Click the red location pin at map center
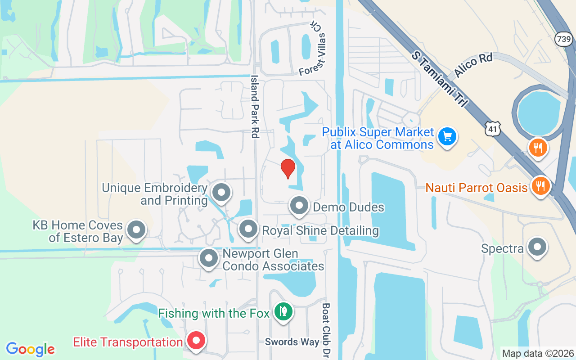pos(288,168)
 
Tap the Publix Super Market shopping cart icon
pos(447,136)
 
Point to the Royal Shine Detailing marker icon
pos(248,229)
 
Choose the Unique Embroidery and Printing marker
pos(221,192)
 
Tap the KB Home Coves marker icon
pos(136,230)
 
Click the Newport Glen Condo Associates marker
pos(208,258)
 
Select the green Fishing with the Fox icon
pos(283,311)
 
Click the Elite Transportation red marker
pos(196,340)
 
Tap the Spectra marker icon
pos(536,247)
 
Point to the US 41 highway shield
pos(493,129)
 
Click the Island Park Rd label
pos(255,107)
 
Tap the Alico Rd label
pos(473,65)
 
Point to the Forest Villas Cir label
pos(313,49)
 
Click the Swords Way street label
pos(292,342)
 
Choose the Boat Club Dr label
pos(326,331)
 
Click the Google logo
pos(31,349)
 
